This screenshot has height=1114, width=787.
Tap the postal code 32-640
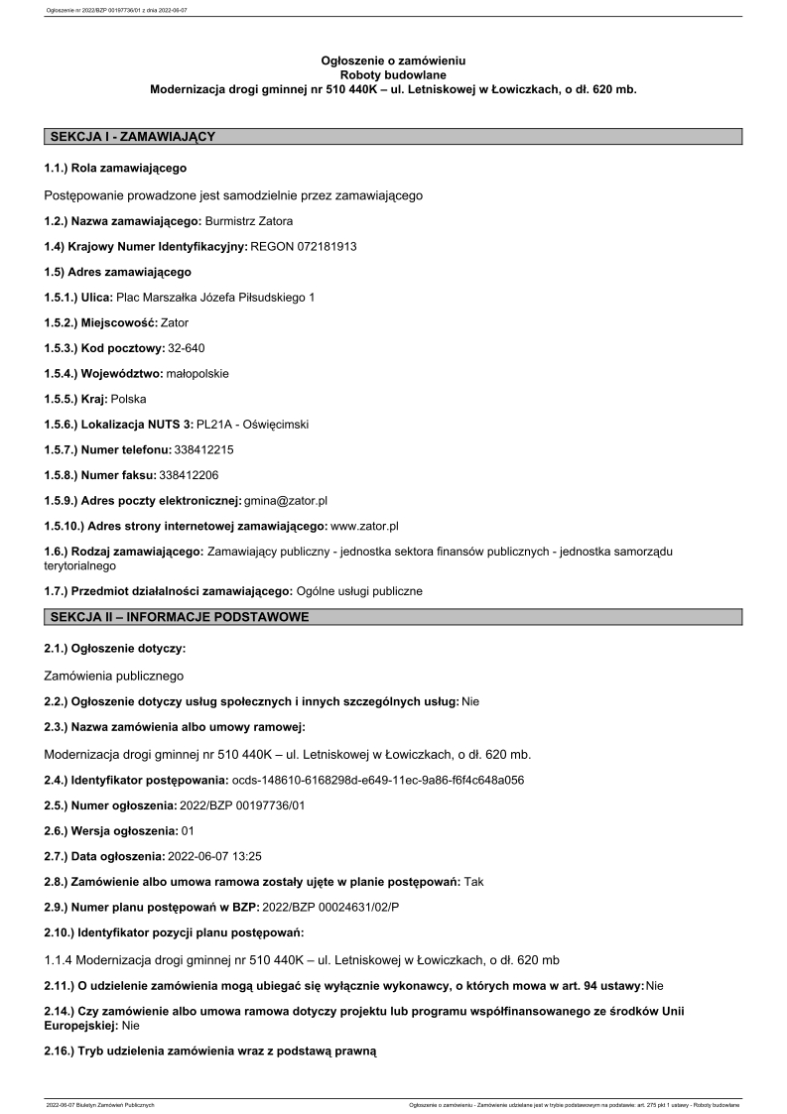pos(187,347)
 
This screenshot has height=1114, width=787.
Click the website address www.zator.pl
pos(364,526)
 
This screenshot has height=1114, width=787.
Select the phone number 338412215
pos(203,449)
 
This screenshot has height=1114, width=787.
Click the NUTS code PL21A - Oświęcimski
pos(253,424)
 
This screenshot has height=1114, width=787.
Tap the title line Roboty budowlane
pos(393,74)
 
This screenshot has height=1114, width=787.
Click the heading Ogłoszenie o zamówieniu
pos(393,61)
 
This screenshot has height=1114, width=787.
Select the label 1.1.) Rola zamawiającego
pos(115,169)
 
